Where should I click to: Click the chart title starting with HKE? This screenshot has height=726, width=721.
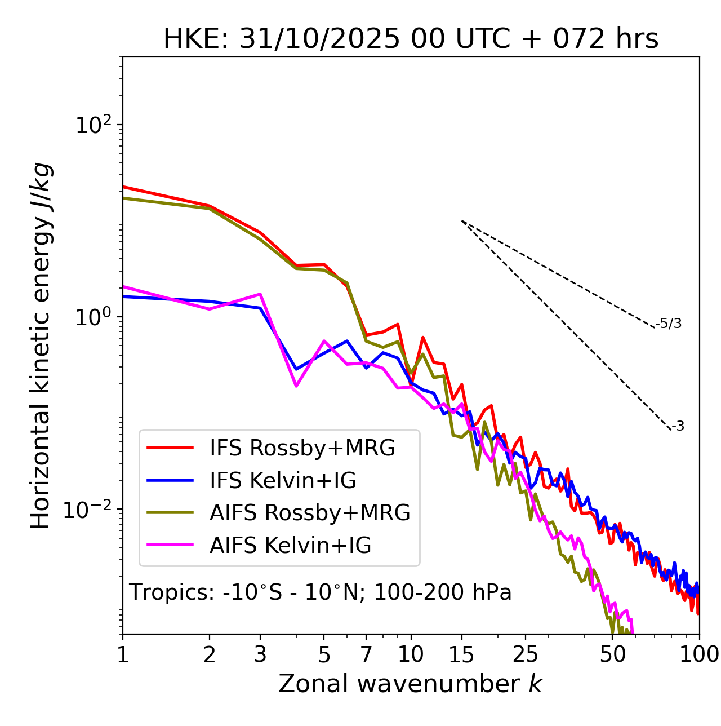coord(411,39)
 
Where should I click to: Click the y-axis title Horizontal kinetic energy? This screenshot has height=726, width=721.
coord(41,346)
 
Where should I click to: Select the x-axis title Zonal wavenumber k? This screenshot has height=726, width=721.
coord(411,684)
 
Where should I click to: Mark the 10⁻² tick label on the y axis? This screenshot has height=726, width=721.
coord(90,510)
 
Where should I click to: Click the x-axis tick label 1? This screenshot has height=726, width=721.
coord(123,654)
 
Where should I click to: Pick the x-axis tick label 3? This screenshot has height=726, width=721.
coord(260,654)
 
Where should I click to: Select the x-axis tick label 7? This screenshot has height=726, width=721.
coord(366,654)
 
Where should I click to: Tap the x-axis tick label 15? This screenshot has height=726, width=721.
coord(461,654)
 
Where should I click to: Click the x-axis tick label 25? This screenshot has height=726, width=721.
coord(526,654)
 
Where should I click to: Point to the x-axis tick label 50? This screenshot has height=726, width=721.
coord(612,654)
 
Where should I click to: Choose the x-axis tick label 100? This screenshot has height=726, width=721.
coord(699,654)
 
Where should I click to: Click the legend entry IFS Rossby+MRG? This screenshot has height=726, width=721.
coord(302,448)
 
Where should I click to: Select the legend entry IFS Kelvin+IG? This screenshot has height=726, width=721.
coord(283,481)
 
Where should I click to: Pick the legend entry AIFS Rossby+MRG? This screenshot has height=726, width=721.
coord(310,513)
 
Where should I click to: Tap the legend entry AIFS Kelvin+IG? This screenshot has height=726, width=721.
coord(290,546)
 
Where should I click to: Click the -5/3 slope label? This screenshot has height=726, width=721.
coord(669,324)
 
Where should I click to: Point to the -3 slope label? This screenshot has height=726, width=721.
coord(678,426)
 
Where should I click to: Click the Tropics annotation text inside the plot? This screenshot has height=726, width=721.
coord(321,593)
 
